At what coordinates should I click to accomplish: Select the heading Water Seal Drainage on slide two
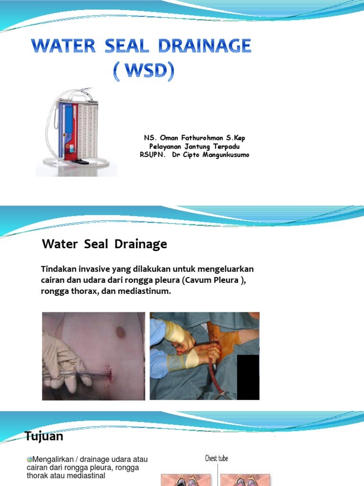[104, 244]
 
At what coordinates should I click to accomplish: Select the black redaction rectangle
[248, 377]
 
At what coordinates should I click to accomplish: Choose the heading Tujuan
[44, 436]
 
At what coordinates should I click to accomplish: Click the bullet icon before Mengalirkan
[29, 459]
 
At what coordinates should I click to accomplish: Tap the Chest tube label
[217, 458]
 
